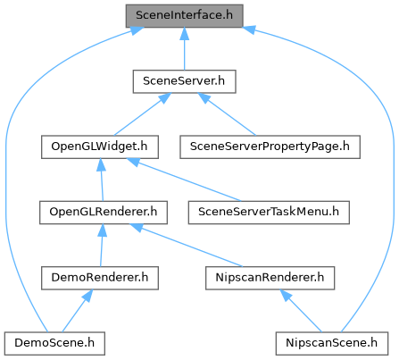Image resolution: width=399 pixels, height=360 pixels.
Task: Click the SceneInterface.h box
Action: tap(184, 16)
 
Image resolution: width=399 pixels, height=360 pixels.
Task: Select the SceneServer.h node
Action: tap(184, 81)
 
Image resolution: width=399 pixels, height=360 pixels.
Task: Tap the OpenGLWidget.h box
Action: tap(100, 147)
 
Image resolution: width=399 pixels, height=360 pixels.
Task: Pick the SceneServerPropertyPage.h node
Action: tap(270, 147)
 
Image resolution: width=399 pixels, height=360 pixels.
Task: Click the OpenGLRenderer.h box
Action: tap(104, 213)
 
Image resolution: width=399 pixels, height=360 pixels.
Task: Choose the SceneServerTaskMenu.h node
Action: tap(269, 213)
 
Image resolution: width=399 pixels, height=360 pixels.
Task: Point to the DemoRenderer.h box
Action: tap(100, 278)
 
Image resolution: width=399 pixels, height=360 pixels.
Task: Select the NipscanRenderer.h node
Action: tap(270, 278)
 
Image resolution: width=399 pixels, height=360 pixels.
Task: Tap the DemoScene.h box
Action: tap(54, 343)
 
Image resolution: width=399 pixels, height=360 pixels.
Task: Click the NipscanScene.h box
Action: tap(332, 343)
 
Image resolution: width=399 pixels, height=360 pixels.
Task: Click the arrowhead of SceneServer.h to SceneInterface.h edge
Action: tap(184, 34)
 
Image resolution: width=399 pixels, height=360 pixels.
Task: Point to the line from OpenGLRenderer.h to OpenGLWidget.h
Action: tap(102, 180)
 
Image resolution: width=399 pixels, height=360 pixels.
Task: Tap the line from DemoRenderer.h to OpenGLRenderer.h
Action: tap(102, 246)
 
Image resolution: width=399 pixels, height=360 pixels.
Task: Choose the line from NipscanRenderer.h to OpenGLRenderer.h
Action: tap(187, 246)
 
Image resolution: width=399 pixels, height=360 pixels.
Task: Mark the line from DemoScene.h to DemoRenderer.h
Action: tap(77, 311)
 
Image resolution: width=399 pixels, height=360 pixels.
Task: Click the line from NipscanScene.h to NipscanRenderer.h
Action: tap(301, 311)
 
